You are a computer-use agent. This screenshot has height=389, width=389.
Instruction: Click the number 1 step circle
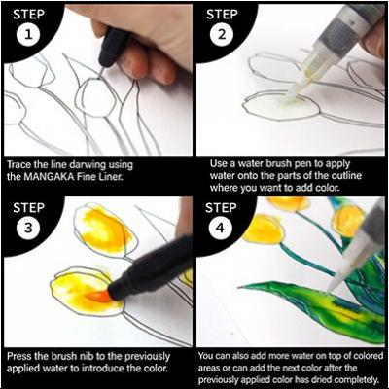pyautogui.click(x=28, y=34)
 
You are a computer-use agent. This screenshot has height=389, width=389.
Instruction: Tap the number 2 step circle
pyautogui.click(x=222, y=34)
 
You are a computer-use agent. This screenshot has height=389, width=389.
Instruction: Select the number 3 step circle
pyautogui.click(x=28, y=228)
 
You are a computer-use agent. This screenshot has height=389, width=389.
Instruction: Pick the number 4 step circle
pyautogui.click(x=220, y=228)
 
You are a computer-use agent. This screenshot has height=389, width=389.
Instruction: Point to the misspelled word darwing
pyautogui.click(x=88, y=165)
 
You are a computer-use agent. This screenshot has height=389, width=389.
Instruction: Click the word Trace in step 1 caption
pyautogui.click(x=19, y=164)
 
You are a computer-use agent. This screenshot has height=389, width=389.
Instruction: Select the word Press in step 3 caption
pyautogui.click(x=19, y=356)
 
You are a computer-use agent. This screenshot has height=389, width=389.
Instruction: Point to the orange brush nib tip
pyautogui.click(x=94, y=296)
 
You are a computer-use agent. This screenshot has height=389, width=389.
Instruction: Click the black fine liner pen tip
pyautogui.click(x=101, y=72)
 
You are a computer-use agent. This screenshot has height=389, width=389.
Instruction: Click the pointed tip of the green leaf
pyautogui.click(x=240, y=287)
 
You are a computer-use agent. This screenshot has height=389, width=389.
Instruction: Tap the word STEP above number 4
pyautogui.click(x=220, y=207)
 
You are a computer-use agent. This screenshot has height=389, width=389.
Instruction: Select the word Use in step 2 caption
pyautogui.click(x=218, y=164)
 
